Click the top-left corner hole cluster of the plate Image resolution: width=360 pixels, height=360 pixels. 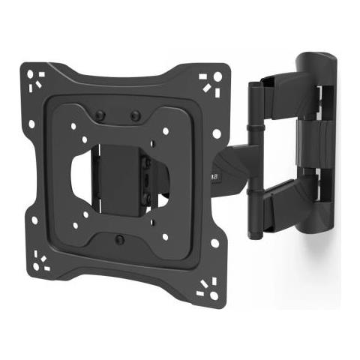pyautogui.click(x=36, y=78)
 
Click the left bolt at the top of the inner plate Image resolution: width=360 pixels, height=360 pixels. pyautogui.click(x=100, y=116)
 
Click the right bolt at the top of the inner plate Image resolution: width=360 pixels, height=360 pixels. pyautogui.click(x=135, y=116)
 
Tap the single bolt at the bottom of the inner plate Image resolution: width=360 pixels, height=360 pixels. pyautogui.click(x=120, y=239)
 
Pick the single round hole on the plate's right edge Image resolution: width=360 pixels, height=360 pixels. pyautogui.click(x=217, y=133)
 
